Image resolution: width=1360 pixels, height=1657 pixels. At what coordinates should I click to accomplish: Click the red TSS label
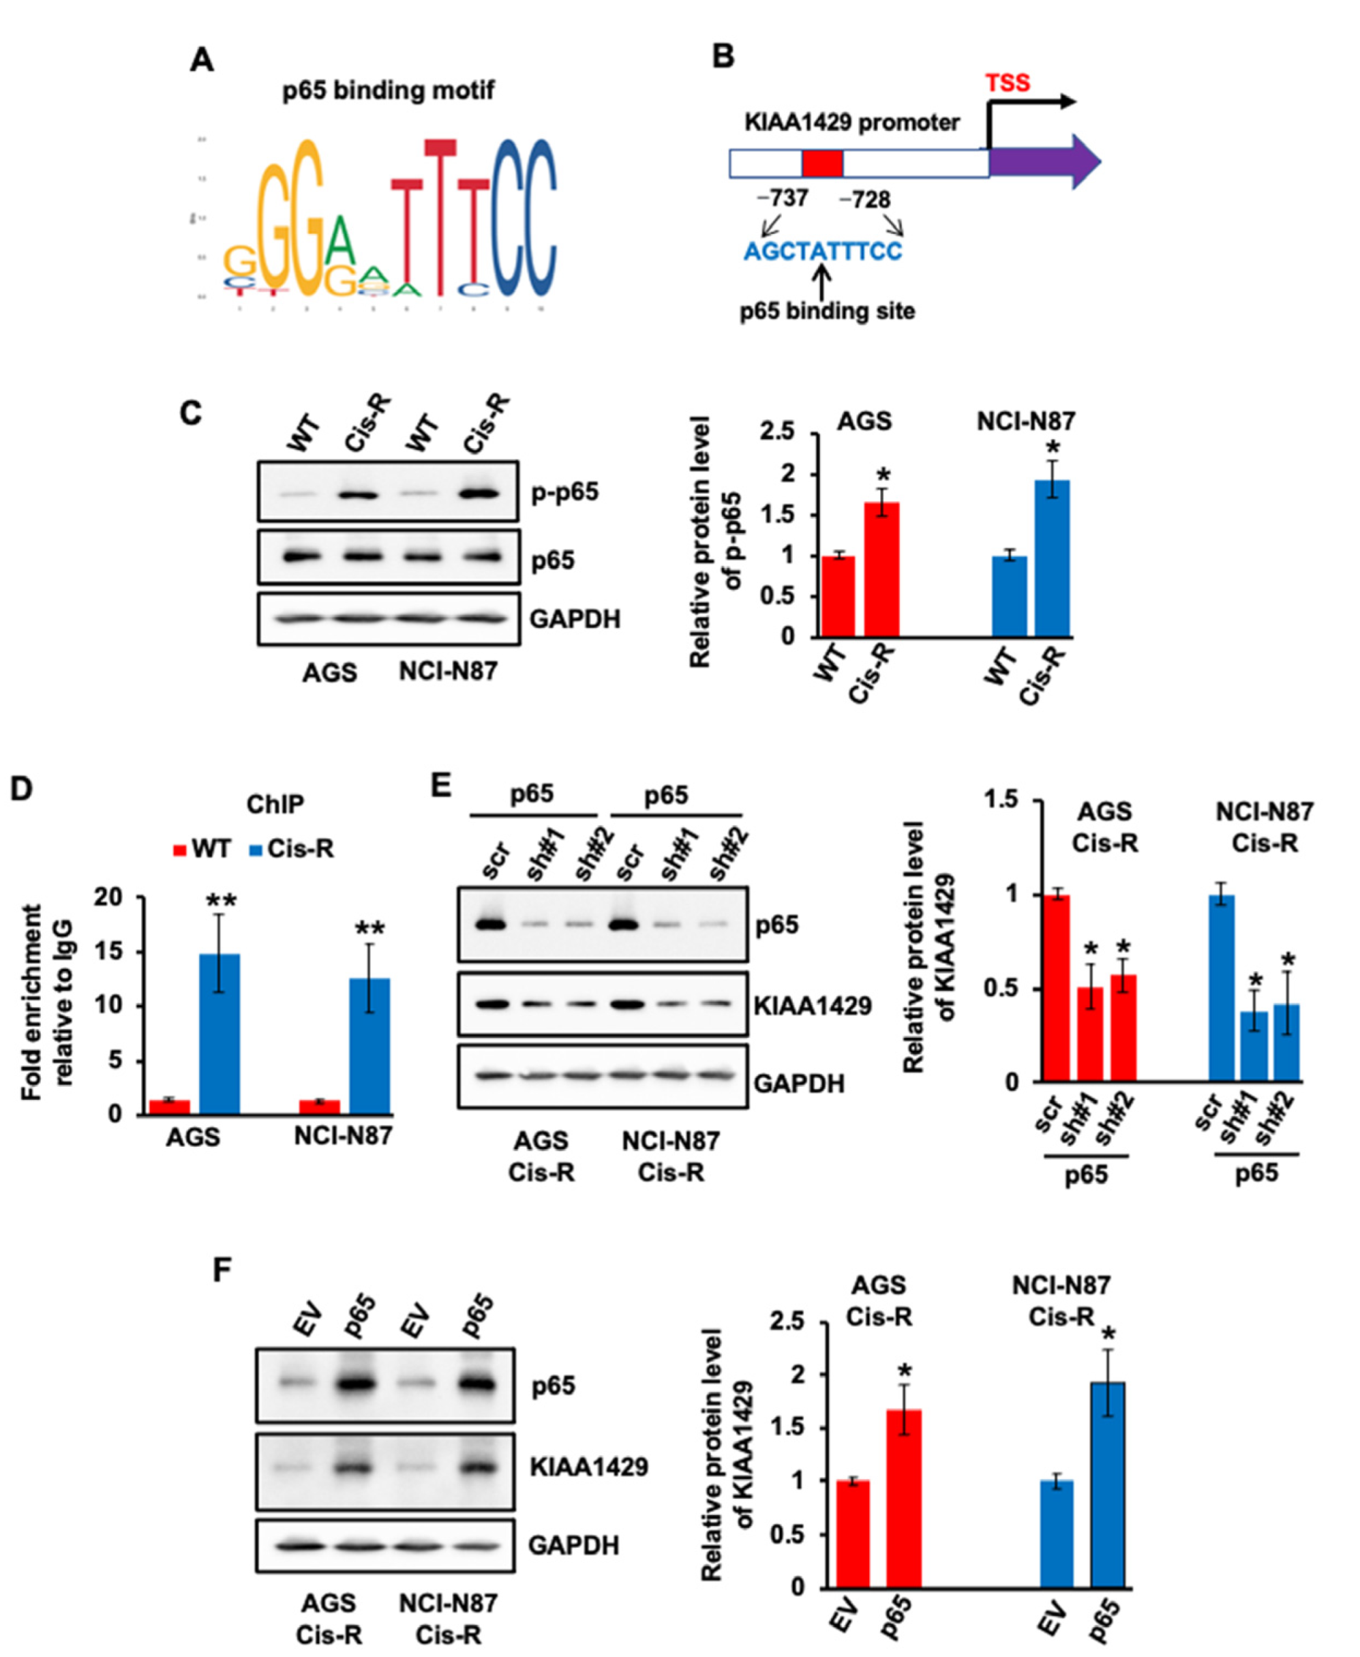(1008, 83)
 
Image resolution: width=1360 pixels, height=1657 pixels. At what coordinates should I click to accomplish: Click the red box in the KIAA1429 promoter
(822, 163)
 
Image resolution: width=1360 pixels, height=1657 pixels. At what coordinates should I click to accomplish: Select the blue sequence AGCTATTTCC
(823, 252)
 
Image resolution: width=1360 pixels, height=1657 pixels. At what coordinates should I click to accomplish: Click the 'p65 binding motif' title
(388, 91)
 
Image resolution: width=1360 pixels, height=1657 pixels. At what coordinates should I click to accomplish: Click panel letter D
(20, 788)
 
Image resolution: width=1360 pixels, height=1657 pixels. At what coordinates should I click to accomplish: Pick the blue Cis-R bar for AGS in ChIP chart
(220, 1033)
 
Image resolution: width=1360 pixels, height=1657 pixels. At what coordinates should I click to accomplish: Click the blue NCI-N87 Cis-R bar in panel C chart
(1052, 558)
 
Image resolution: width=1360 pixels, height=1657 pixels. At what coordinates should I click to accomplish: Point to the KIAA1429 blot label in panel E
(813, 1005)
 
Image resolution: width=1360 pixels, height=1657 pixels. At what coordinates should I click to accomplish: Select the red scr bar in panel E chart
(1057, 988)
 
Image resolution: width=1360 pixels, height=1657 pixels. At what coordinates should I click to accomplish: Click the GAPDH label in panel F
(573, 1546)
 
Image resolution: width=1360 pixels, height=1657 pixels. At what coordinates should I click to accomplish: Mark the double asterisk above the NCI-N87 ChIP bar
(369, 929)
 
